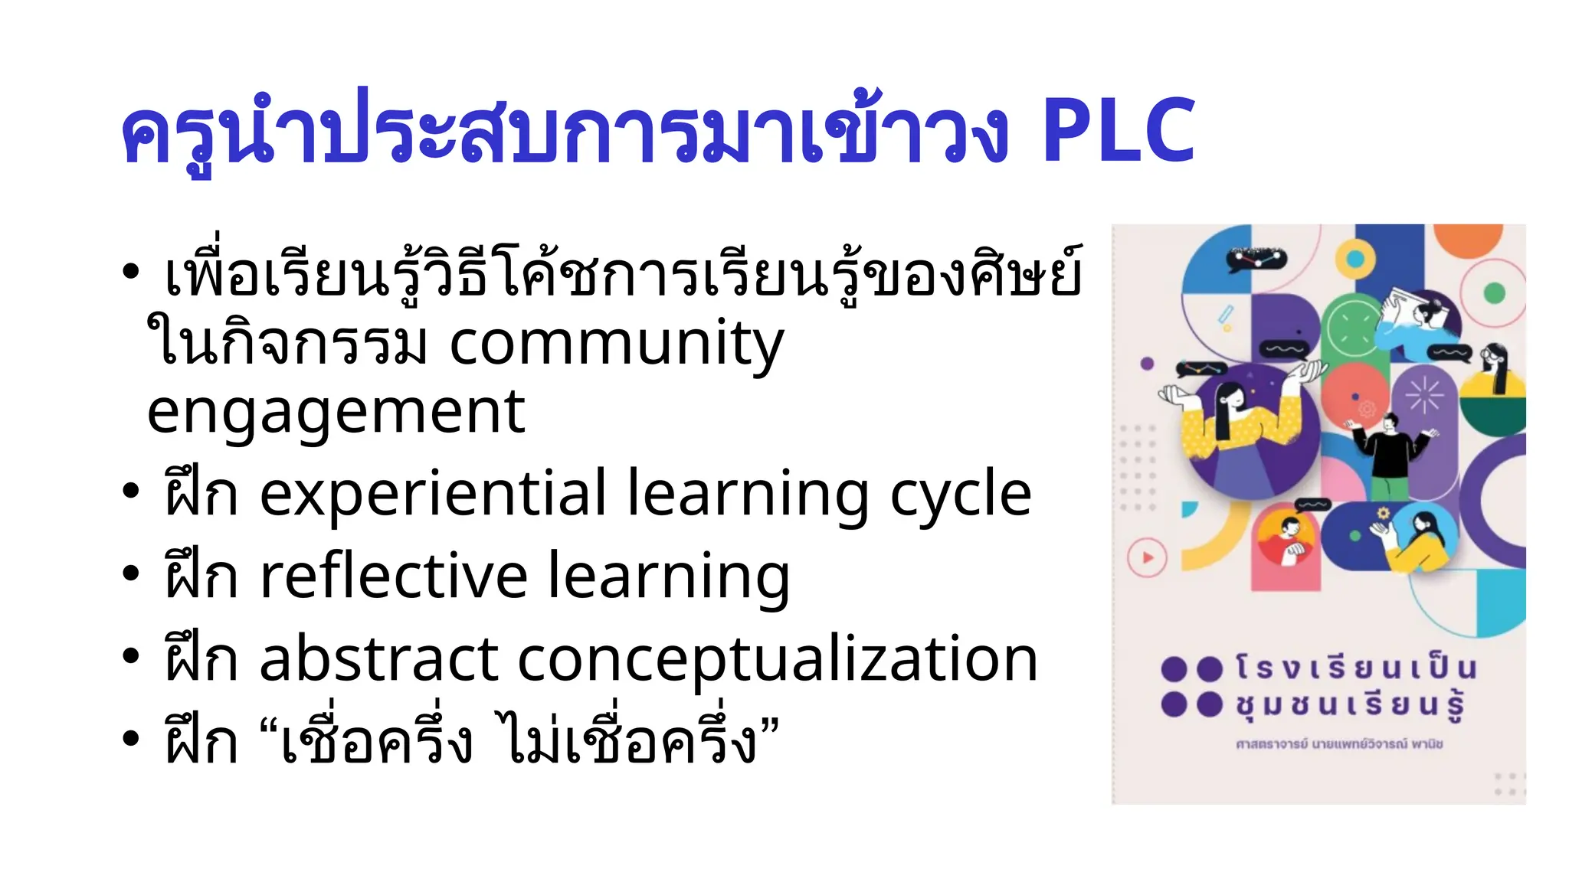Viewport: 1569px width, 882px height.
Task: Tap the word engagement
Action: [x=336, y=412]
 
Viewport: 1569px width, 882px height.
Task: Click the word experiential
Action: [x=434, y=494]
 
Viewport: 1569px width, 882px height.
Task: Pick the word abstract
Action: [x=379, y=658]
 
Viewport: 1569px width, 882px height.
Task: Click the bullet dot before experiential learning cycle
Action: [x=131, y=492]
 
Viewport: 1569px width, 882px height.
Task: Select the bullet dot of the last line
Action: [x=131, y=738]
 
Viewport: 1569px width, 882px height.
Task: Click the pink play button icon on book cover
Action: [x=1147, y=557]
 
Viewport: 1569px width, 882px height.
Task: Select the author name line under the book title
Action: [x=1339, y=743]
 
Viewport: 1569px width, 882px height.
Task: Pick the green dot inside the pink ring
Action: [x=1494, y=292]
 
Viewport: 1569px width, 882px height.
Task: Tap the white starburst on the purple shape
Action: [x=1424, y=395]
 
